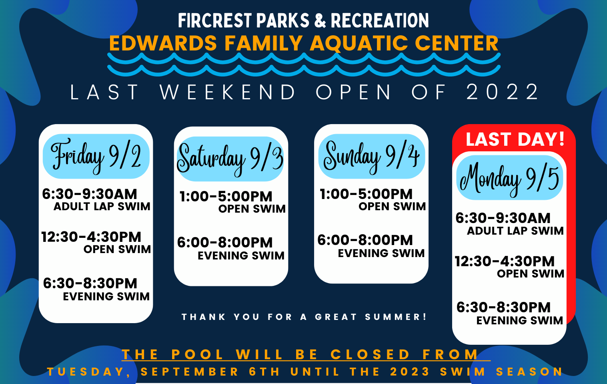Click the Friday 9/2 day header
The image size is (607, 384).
[x=96, y=157]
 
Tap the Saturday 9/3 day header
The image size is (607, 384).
[x=230, y=159]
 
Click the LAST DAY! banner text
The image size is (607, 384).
[x=515, y=139]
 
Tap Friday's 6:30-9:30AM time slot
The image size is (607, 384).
[x=89, y=194]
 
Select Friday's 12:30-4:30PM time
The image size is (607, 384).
[x=91, y=237]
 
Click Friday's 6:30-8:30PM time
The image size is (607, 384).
[x=90, y=283]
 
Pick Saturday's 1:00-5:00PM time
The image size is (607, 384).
[x=226, y=197]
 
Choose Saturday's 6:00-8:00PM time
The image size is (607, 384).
[x=224, y=243]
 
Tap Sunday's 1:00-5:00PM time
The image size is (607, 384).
[x=366, y=194]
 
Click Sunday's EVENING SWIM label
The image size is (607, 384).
[x=381, y=253]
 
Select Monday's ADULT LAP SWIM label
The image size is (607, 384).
[x=515, y=231]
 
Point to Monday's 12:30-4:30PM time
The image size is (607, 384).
[x=505, y=261]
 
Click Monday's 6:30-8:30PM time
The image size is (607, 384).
[x=503, y=308]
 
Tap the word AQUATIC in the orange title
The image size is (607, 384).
[x=359, y=43]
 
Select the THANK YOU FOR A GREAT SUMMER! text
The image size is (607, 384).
[x=304, y=317]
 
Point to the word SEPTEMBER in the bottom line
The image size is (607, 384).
[x=190, y=372]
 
